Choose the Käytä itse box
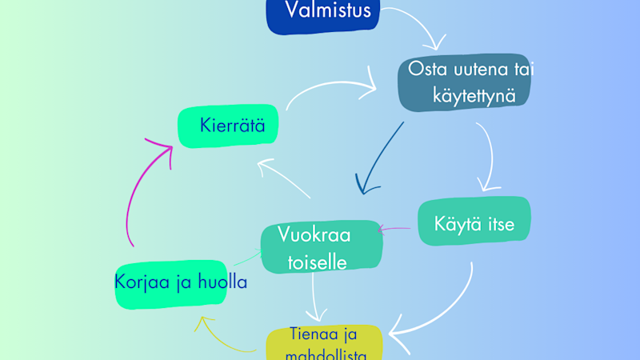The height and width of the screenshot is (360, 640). tap(474, 222)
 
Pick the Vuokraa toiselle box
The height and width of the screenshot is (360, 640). tap(322, 246)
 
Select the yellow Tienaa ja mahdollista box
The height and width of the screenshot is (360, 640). tap(325, 342)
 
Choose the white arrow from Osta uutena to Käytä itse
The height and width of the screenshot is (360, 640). tap(485, 156)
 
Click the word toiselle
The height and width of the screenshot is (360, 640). tap(317, 259)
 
